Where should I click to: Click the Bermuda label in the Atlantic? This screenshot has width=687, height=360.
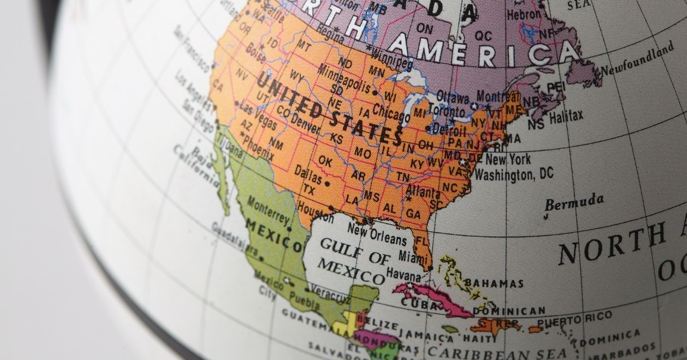(574, 201)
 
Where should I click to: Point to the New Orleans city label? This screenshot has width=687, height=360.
(377, 235)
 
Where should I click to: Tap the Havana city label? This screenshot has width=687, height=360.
(403, 273)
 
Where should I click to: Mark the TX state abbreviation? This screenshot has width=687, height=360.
(309, 190)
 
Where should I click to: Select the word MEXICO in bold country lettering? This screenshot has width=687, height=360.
(273, 236)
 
